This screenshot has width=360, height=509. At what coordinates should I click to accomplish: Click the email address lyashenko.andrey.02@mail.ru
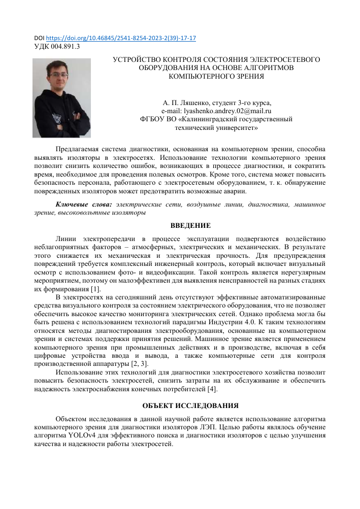(x=216, y=111)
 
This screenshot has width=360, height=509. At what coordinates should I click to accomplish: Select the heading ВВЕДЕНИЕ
(x=190, y=225)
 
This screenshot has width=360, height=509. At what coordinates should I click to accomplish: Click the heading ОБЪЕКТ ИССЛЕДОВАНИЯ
(x=190, y=405)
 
